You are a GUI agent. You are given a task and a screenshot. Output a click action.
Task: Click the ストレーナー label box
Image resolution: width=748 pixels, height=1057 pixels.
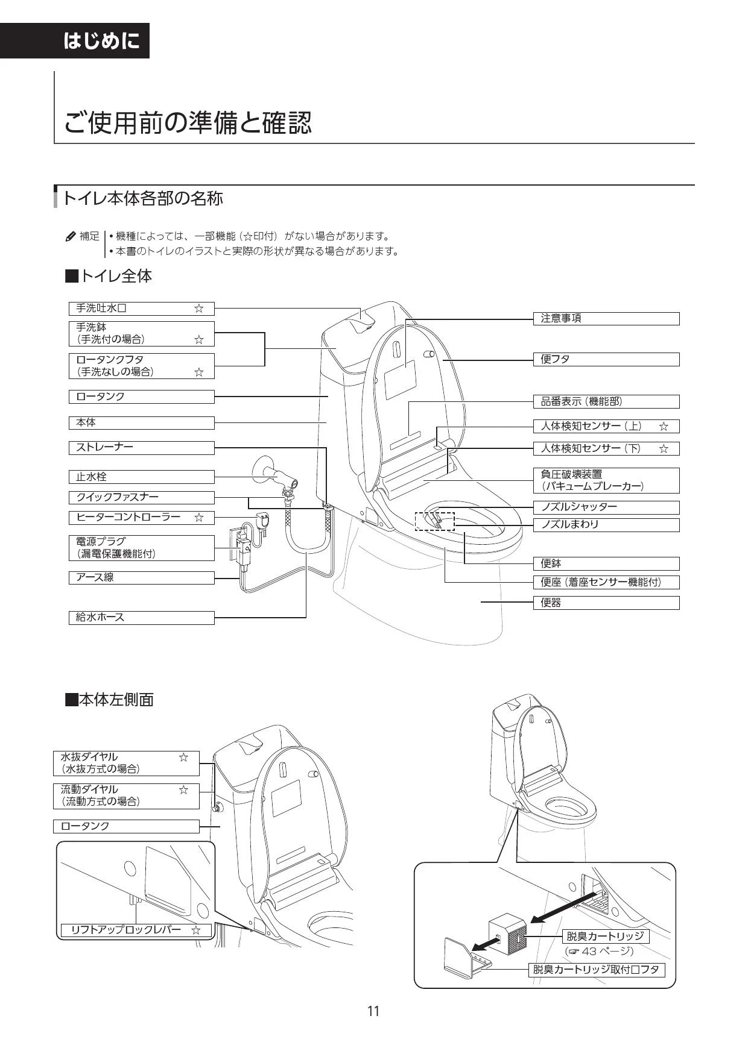pyautogui.click(x=142, y=447)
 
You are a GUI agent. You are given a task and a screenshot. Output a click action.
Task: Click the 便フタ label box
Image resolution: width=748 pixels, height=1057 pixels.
pyautogui.click(x=606, y=359)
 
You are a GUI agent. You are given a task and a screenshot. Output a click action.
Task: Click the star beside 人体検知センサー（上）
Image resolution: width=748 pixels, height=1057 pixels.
pyautogui.click(x=664, y=427)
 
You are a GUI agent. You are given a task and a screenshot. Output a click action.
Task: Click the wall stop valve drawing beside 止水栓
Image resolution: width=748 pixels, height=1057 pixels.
pyautogui.click(x=276, y=474)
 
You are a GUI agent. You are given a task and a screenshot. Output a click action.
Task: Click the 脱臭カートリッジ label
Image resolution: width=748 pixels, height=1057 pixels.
pyautogui.click(x=606, y=936)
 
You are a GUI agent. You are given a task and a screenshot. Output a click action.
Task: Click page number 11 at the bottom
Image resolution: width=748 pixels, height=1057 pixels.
pyautogui.click(x=373, y=1011)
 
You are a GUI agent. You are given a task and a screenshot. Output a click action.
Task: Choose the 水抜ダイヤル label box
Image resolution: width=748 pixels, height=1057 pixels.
pyautogui.click(x=126, y=763)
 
